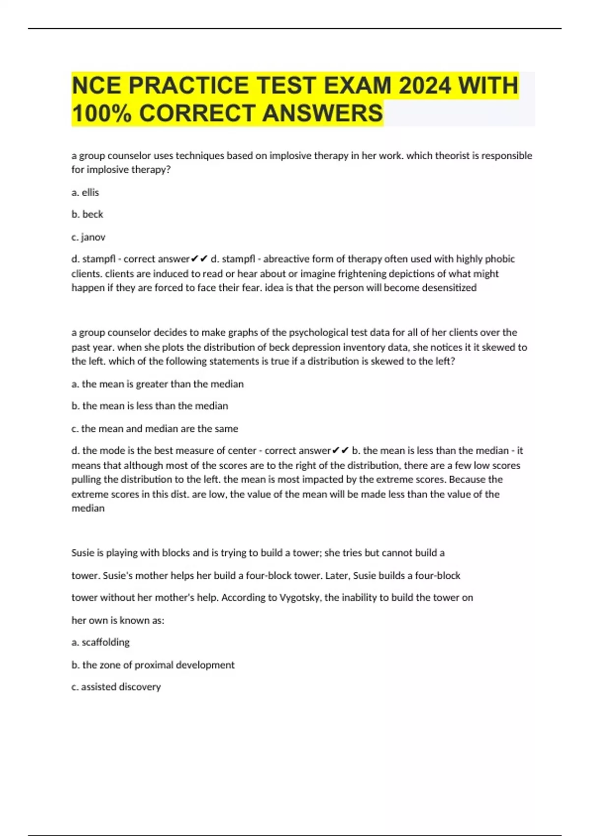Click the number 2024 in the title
point(424,86)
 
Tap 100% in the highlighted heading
point(101,113)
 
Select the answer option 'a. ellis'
point(85,192)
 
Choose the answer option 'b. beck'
point(87,214)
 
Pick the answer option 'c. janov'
point(88,237)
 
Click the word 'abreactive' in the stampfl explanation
point(286,259)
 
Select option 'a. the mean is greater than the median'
point(157,384)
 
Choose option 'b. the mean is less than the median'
point(150,406)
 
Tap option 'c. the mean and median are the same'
point(154,429)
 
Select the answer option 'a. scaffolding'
point(100,642)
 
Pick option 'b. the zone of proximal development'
point(153,665)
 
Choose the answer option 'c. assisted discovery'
point(116,687)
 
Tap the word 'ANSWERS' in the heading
point(322,113)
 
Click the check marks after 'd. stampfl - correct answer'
point(200,259)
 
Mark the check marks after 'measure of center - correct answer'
point(341,451)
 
